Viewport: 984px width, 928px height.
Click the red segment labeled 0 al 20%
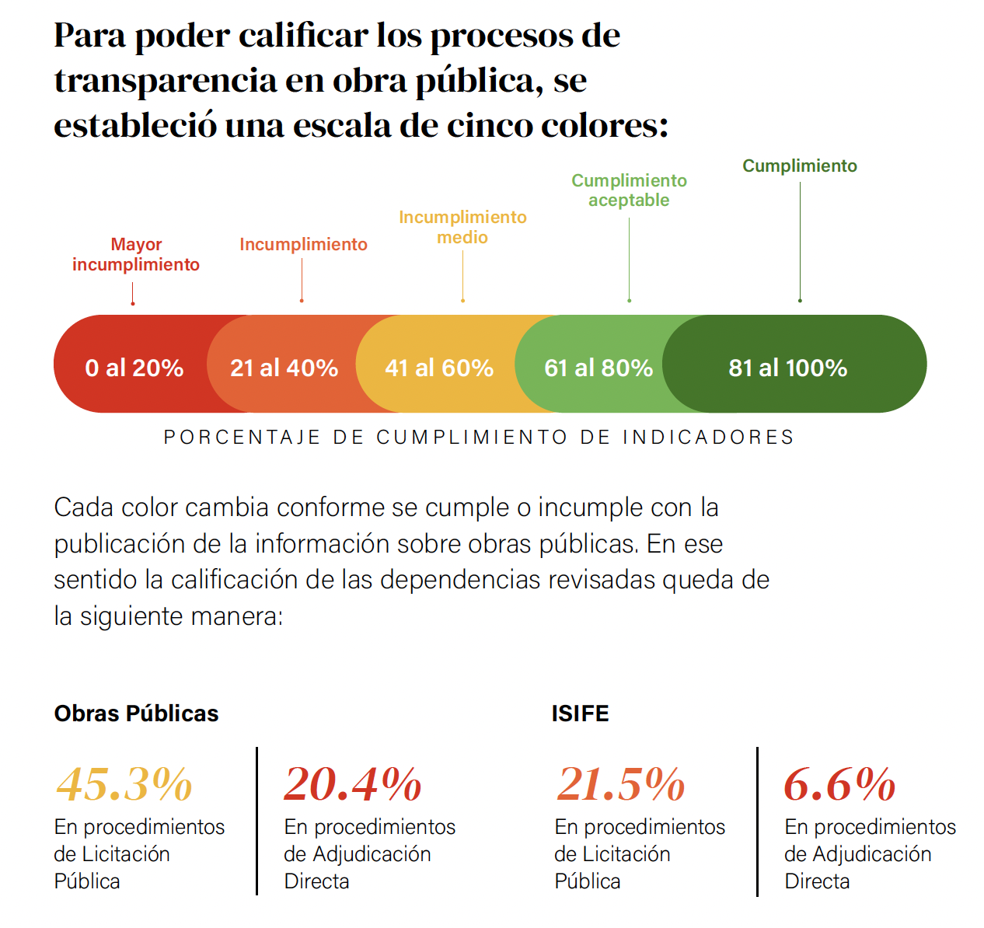click(x=134, y=367)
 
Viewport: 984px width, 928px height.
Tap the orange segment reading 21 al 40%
click(x=284, y=367)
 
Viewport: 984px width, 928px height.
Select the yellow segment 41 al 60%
click(x=439, y=367)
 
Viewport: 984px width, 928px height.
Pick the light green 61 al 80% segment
click(x=598, y=367)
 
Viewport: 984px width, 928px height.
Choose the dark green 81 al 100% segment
click(x=787, y=367)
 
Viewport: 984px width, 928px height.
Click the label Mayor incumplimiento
click(x=136, y=255)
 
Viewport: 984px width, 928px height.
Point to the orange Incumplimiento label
click(x=303, y=245)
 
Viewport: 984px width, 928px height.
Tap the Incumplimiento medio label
click(x=462, y=227)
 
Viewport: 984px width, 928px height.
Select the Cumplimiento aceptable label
click(x=629, y=190)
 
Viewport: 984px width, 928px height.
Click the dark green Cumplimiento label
click(x=799, y=166)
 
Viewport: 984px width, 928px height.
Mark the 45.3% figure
click(x=124, y=783)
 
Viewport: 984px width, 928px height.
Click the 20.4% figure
click(x=353, y=783)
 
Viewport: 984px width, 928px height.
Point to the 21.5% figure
click(x=621, y=783)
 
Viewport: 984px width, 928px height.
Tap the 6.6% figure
click(x=839, y=783)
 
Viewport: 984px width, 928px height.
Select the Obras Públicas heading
click(x=136, y=713)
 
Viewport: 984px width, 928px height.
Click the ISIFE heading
click(x=580, y=713)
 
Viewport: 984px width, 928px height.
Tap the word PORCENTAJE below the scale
click(x=242, y=438)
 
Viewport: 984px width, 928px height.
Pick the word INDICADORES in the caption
click(x=708, y=438)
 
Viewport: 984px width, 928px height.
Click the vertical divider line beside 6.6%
click(x=757, y=822)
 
